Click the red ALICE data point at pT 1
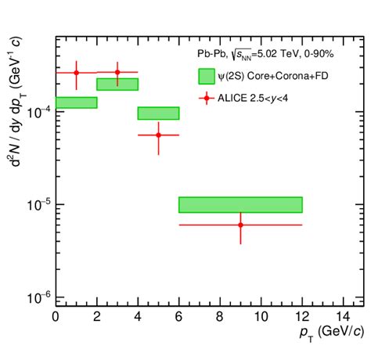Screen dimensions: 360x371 coord(76,73)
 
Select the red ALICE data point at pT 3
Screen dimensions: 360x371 coord(117,72)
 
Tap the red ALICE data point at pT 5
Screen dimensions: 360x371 coord(159,135)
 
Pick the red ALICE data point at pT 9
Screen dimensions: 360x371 coord(240,225)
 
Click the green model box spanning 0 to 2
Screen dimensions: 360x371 coord(76,103)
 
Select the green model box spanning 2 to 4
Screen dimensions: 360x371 coord(117,84)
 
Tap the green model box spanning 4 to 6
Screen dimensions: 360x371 coord(159,113)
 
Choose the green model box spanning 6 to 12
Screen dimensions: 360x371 coord(240,204)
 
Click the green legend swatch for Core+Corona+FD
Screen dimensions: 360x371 coord(207,75)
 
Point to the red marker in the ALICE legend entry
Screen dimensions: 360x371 coord(207,98)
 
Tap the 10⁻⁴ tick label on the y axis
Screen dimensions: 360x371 coord(36,112)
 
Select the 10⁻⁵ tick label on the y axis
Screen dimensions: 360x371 coord(36,205)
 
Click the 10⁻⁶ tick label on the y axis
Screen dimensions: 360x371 coord(36,298)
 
